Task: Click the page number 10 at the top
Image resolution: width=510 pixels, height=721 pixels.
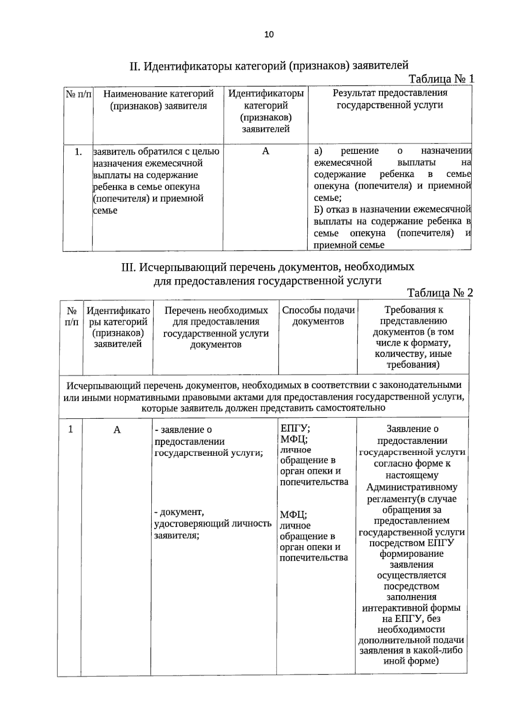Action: point(269,35)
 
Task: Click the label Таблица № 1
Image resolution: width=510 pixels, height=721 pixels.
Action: point(441,79)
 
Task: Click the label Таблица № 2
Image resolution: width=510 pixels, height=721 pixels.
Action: point(439,292)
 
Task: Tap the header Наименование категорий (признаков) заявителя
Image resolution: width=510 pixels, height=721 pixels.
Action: point(158,99)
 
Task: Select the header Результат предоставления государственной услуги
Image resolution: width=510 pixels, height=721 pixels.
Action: point(390,99)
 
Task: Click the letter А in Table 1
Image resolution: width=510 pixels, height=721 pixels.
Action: point(266,151)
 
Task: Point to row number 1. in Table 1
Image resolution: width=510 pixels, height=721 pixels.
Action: point(78,152)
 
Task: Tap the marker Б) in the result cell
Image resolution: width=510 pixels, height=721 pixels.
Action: point(318,210)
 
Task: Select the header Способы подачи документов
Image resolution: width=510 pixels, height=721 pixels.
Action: point(318,315)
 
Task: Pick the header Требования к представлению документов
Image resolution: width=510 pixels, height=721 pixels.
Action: point(413,337)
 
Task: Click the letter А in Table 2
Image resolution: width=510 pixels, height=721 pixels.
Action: point(117,430)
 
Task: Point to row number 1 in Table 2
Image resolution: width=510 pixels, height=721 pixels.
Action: point(71,429)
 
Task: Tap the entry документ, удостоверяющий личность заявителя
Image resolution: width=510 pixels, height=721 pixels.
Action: point(212,523)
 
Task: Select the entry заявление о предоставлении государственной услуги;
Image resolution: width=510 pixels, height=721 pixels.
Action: point(208,441)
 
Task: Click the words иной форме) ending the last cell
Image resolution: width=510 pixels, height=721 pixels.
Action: point(411,661)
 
